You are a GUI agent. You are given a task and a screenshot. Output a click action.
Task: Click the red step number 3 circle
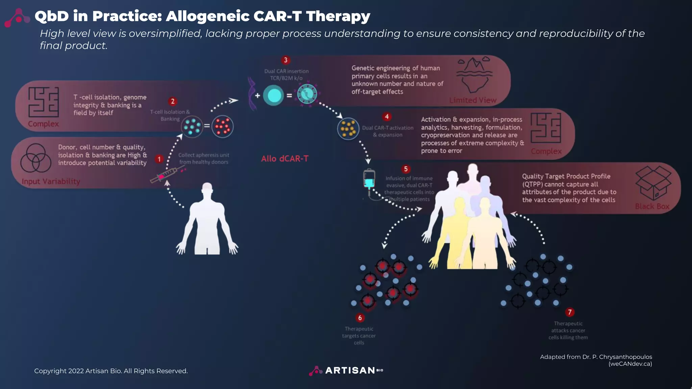point(286,60)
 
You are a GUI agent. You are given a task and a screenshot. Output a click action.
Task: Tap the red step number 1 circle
point(159,159)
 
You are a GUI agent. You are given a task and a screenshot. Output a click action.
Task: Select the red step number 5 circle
point(406,169)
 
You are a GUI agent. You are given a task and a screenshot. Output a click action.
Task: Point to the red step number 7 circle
point(570,312)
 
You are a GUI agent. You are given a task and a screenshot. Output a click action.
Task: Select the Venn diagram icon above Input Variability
point(35,158)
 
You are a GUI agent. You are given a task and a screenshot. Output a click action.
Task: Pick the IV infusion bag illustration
point(369,179)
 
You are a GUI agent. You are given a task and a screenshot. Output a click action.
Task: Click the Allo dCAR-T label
point(285,159)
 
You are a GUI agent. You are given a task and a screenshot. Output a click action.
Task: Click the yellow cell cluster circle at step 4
point(348,129)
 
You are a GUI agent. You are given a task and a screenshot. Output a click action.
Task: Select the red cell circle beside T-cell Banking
point(222,126)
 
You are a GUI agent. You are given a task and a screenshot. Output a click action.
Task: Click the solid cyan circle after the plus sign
point(273,95)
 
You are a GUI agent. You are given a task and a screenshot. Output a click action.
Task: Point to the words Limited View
point(472,100)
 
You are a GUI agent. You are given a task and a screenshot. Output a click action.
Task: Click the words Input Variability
point(51,182)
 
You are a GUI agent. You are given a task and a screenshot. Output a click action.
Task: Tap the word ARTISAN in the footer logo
point(350,370)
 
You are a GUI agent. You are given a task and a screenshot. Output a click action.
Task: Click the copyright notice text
point(111,371)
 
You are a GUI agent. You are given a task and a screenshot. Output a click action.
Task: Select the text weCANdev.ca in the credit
point(630,364)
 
